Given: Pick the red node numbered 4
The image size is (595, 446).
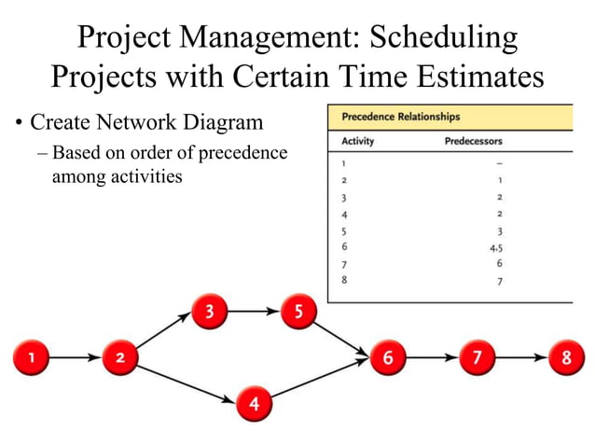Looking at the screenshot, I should point(255,404).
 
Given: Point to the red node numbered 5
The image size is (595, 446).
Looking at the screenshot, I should point(298,313).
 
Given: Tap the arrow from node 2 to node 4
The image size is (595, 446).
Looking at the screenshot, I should point(187,381).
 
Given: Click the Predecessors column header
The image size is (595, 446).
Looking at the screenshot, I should point(474,142).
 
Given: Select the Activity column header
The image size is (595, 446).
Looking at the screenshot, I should point(359,142).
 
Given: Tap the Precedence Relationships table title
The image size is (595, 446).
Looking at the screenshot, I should point(401,118).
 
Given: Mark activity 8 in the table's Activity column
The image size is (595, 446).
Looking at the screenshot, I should point(345,280).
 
